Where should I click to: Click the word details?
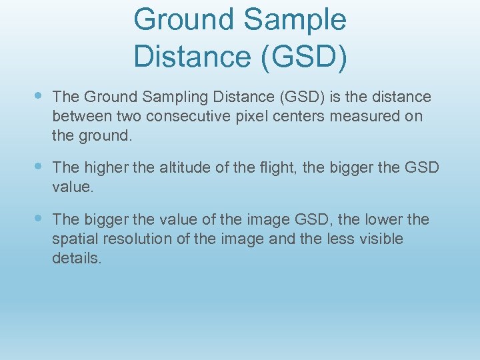[77, 258]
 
